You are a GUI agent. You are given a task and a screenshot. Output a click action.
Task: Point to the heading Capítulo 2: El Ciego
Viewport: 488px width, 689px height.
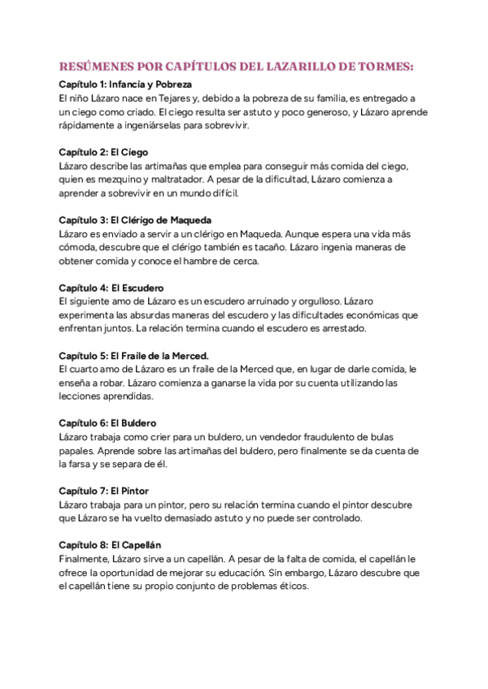tap(103, 152)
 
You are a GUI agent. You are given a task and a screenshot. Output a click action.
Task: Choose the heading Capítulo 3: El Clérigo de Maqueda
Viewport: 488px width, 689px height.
tap(135, 220)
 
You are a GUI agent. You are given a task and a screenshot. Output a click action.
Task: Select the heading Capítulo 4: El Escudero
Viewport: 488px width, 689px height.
tap(111, 288)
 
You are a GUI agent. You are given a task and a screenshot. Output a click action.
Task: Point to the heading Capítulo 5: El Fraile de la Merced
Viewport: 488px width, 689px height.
tap(134, 355)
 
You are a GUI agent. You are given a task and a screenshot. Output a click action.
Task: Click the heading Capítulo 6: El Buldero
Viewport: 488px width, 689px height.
tap(108, 423)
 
